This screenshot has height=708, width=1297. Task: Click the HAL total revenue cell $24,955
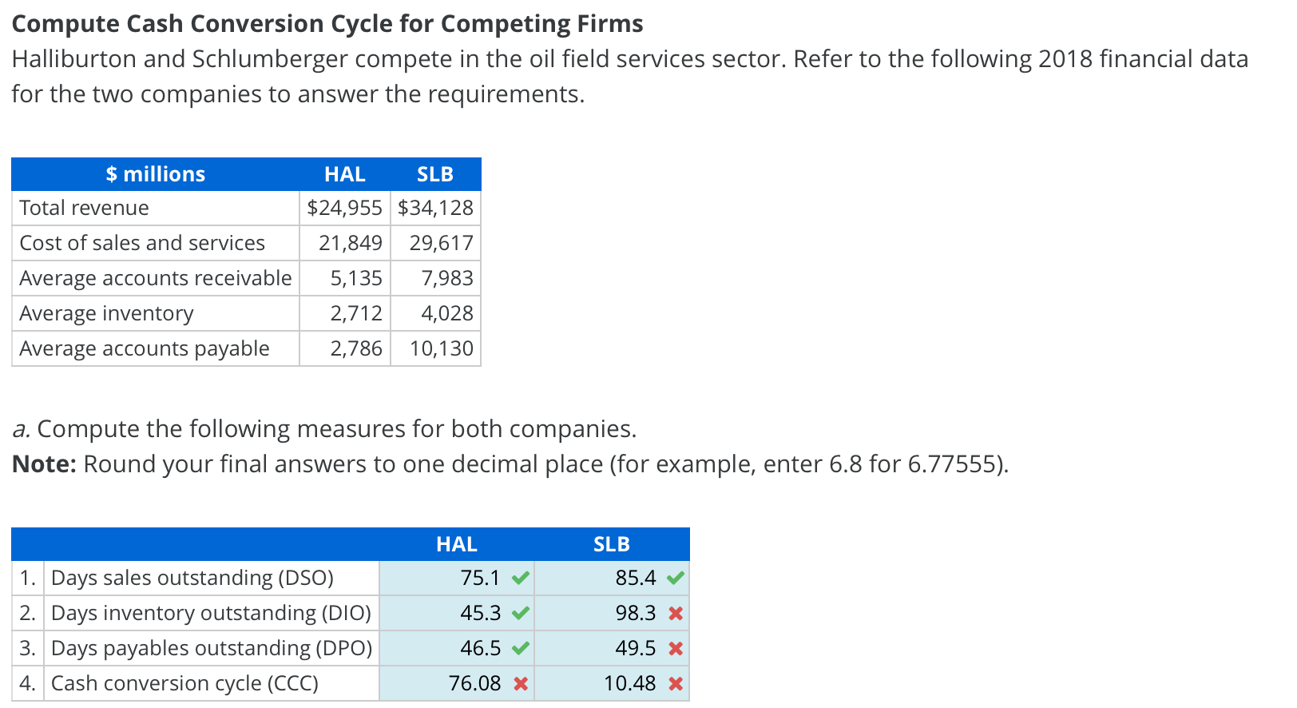pos(344,208)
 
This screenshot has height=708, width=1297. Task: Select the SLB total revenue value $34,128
pos(435,208)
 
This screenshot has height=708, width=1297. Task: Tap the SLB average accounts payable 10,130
pos(441,348)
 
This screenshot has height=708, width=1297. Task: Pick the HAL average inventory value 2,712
pos(356,313)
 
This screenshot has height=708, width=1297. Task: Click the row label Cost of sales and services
pos(142,243)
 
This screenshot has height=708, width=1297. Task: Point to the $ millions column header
pos(156,174)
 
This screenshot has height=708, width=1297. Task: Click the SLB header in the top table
pos(435,174)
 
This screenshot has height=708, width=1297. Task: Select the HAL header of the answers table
pos(456,544)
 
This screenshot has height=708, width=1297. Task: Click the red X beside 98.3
pos(676,614)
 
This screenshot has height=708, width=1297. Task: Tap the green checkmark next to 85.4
pos(676,578)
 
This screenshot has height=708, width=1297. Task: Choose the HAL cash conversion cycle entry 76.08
pos(475,683)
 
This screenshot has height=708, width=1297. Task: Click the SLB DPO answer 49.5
pos(635,648)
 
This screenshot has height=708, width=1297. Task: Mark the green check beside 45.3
pos(521,614)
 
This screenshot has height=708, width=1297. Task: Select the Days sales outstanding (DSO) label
pos(192,578)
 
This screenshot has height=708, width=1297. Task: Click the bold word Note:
pos(44,464)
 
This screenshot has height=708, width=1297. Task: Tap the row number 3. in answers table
pos(27,648)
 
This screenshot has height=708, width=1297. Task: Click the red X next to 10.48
pos(676,684)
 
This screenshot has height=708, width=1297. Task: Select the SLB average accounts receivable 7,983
pos(447,278)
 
